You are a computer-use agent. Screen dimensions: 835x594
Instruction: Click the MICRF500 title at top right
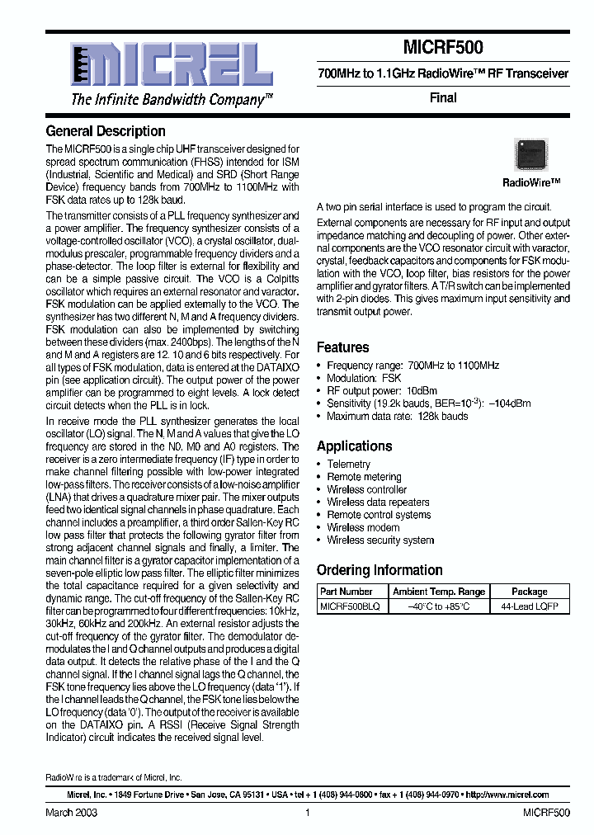443,48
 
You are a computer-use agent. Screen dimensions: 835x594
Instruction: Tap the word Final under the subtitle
443,97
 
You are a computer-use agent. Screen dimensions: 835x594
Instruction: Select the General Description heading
106,131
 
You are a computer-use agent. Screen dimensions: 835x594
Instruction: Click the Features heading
343,347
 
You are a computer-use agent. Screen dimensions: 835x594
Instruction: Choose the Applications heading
355,446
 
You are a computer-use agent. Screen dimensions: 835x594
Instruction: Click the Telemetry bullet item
348,465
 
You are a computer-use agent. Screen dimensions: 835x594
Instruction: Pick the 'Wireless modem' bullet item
363,527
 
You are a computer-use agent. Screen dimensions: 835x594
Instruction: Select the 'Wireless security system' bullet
380,540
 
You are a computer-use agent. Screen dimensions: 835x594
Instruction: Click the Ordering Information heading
379,570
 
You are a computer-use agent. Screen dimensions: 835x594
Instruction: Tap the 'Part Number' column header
346,592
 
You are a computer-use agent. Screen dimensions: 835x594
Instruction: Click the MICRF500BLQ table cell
350,606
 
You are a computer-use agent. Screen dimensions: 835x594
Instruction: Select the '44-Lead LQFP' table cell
530,606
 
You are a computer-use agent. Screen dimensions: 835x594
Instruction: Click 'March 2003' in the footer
70,813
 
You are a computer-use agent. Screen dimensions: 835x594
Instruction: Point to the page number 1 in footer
307,813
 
